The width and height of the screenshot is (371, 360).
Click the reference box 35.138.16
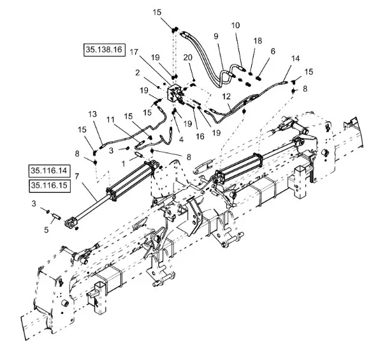pos(104,50)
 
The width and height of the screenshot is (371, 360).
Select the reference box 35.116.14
pos(50,171)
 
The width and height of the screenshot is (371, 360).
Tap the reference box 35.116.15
pos(50,186)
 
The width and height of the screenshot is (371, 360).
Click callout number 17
pos(134,52)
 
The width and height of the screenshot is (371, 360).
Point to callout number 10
pos(235,26)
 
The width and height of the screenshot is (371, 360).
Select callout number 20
pos(188,57)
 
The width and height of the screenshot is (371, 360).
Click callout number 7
pos(76,176)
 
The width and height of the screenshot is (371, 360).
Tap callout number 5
pos(47,230)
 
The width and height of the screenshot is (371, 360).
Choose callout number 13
pos(92,114)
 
